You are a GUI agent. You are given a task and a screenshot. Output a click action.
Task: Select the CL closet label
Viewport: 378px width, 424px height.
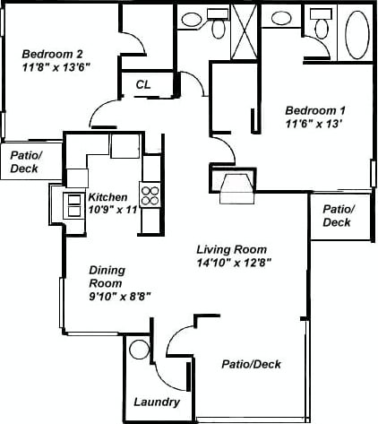[x=143, y=84]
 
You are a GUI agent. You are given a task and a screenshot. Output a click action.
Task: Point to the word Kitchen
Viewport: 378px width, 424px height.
[x=107, y=197]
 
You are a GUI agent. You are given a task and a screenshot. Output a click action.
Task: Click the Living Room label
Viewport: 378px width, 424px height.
[x=233, y=249]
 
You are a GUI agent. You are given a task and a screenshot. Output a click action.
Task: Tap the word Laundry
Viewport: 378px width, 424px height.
[x=157, y=402]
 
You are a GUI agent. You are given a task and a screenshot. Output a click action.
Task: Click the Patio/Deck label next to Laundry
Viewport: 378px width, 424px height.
[x=252, y=364]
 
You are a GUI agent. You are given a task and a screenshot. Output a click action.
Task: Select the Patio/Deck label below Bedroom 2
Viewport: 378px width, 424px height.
[x=24, y=161]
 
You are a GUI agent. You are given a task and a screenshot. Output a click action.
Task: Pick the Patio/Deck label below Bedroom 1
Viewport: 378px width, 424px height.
[x=338, y=216]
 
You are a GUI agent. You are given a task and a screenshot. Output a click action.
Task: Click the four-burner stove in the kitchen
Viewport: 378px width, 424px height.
[x=150, y=195]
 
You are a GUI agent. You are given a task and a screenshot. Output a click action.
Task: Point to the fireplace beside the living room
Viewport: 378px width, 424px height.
[x=235, y=185]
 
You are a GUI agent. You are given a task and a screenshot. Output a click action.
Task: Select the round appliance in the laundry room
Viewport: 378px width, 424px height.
[x=139, y=349]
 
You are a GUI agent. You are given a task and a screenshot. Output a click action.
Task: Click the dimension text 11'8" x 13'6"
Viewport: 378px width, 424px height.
[x=56, y=66]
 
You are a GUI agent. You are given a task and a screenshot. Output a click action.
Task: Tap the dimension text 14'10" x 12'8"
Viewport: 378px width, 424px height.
[x=234, y=263]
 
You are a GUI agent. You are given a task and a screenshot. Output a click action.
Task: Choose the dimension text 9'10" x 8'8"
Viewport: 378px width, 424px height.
[x=119, y=295]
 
